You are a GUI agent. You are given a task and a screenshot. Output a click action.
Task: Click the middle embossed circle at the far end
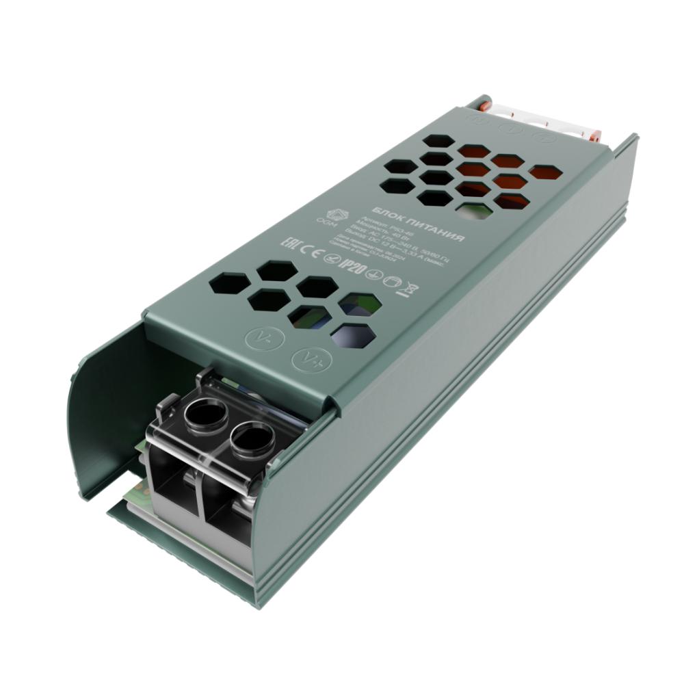tap(510, 127)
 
